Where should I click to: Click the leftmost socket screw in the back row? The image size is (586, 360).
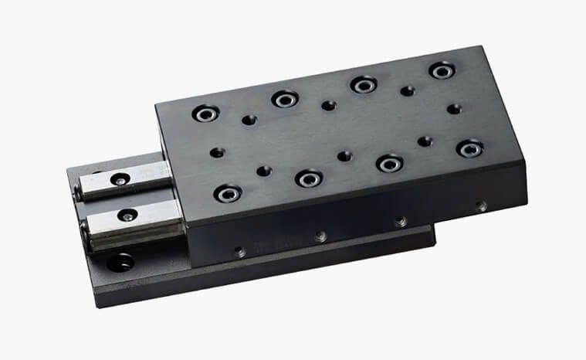coord(206,114)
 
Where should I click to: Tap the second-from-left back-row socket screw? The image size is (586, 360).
coord(284,99)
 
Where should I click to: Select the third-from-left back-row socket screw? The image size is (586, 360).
coord(363,84)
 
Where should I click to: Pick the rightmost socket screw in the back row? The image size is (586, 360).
coord(442,70)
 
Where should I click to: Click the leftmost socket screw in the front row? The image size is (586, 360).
coord(228,192)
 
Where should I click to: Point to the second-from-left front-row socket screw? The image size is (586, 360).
coord(308,178)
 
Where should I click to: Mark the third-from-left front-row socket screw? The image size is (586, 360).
coord(389,163)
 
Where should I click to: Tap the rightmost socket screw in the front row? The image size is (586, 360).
coord(469,148)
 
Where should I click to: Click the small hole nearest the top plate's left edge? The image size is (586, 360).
coord(218,153)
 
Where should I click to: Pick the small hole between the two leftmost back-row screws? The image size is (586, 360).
coord(249,120)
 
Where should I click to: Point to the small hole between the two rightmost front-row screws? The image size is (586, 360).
coord(425,141)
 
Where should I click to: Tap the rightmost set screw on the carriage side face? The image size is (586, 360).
coord(481,206)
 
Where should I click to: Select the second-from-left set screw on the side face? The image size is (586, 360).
coord(320,236)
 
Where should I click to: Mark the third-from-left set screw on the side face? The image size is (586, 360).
coord(401,222)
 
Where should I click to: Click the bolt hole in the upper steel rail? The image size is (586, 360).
coord(119,179)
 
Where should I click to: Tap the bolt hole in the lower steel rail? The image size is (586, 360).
coord(127,215)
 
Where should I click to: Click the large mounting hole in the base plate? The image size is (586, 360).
coord(120,263)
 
